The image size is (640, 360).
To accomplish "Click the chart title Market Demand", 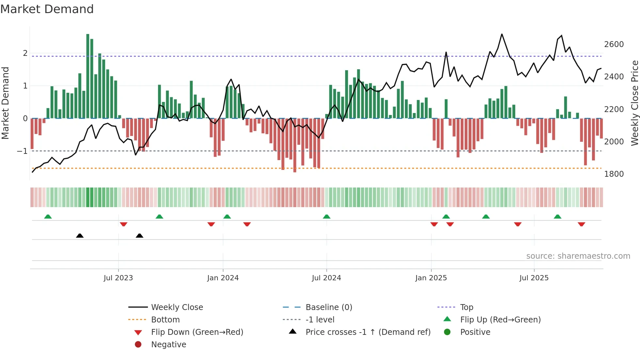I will click(x=47, y=9).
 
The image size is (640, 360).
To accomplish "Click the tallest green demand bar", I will click(x=88, y=76).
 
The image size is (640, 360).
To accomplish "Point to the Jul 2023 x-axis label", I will click(x=118, y=278).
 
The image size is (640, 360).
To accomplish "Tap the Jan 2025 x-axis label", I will click(x=431, y=278).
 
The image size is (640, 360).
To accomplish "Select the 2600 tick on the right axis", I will click(x=614, y=44).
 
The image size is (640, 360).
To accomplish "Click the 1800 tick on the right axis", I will click(x=614, y=174).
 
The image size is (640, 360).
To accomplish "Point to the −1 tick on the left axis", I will click(x=22, y=151).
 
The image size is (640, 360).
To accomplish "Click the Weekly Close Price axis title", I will click(x=634, y=103).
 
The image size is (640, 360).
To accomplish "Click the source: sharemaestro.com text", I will click(x=578, y=256).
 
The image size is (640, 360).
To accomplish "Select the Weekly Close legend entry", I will click(x=177, y=307).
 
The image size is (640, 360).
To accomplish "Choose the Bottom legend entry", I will click(x=165, y=319).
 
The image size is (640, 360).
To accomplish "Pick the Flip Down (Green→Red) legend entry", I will click(x=197, y=332).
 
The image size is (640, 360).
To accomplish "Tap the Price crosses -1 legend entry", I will click(x=368, y=332).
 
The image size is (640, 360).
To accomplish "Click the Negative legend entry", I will click(x=168, y=344).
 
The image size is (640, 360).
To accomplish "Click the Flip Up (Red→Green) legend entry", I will click(x=500, y=319).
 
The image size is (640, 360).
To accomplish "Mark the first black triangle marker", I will click(x=80, y=236).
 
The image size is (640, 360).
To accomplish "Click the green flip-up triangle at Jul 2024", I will click(x=327, y=217).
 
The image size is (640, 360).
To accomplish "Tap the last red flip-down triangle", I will click(x=581, y=224).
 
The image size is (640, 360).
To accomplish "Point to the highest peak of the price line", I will click(x=502, y=34).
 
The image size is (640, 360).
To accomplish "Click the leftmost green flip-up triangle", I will click(x=48, y=217).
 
